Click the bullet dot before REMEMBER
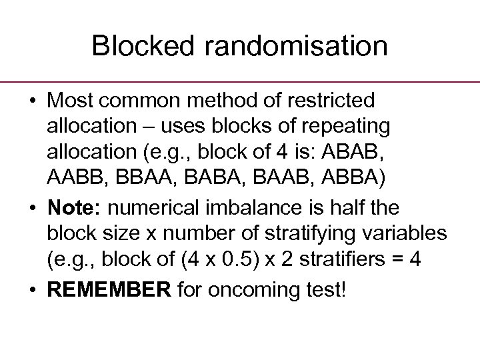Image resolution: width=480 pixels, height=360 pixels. pos(33,291)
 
